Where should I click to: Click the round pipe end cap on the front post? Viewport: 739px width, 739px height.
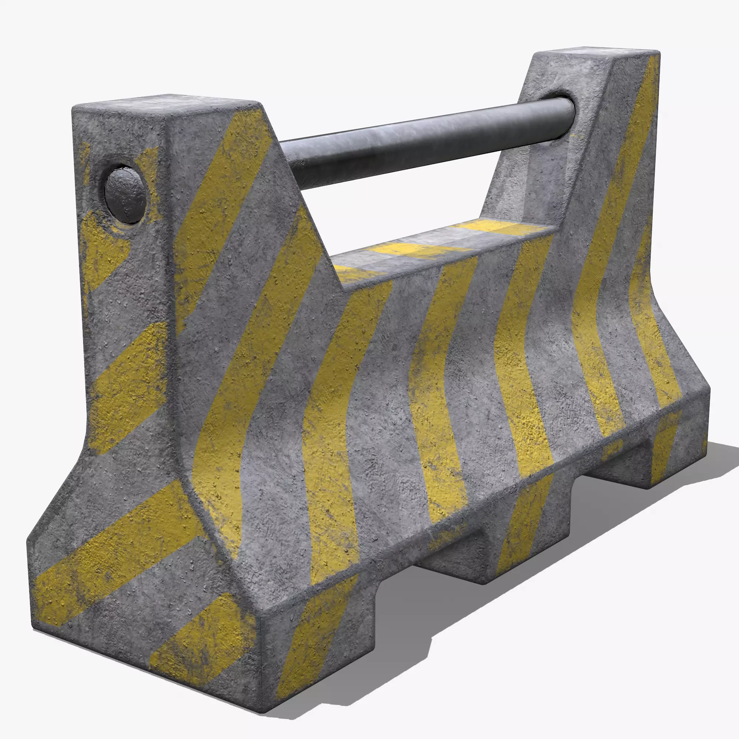pos(125,195)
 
